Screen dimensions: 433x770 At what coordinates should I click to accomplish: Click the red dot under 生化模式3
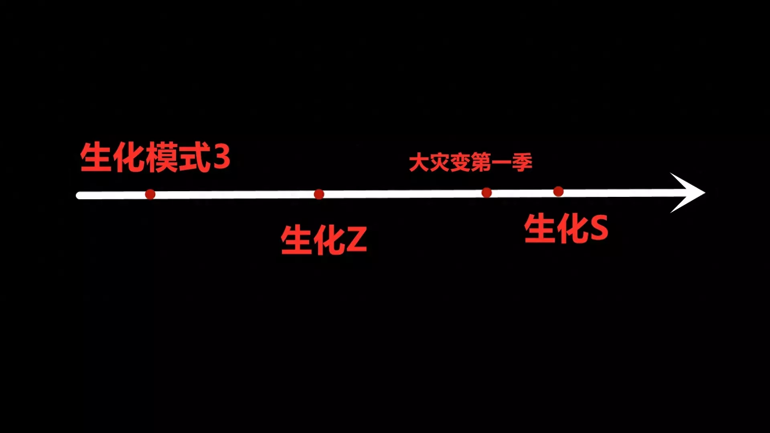click(x=150, y=194)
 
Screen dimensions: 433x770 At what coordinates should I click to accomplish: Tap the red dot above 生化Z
click(x=319, y=194)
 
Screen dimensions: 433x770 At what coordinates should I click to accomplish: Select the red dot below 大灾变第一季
click(x=486, y=193)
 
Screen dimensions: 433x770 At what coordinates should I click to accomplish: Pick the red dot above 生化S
click(x=558, y=192)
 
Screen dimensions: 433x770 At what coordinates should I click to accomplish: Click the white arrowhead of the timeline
click(x=688, y=193)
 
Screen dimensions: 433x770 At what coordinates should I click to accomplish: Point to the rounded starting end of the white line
click(x=80, y=196)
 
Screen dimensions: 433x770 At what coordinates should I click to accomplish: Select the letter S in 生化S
click(x=597, y=228)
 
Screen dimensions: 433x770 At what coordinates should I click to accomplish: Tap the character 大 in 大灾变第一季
click(x=419, y=163)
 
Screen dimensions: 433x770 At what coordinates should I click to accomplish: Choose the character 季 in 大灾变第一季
click(x=522, y=163)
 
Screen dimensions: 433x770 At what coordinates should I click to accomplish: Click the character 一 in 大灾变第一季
click(x=501, y=163)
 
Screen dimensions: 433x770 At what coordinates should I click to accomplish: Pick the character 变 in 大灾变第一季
click(x=460, y=163)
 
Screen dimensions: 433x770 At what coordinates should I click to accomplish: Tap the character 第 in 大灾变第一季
click(x=481, y=163)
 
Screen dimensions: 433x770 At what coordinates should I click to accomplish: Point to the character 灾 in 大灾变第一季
click(x=440, y=163)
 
